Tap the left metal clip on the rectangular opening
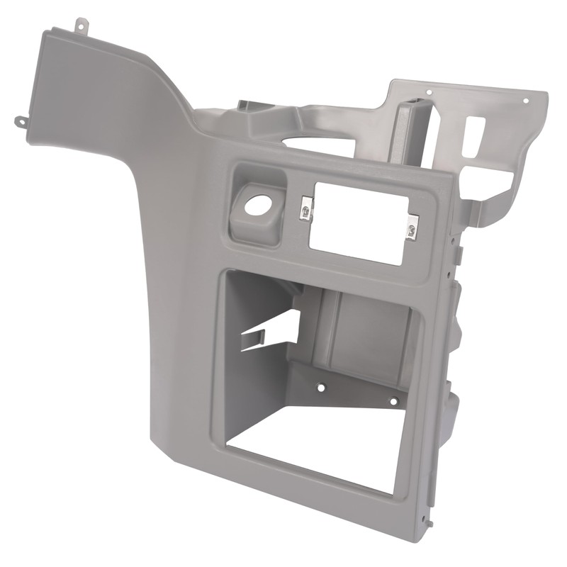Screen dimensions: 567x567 pos(305,208)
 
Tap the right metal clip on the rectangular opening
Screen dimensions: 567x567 pos(412,228)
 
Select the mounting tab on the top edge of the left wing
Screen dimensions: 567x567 pos(82,26)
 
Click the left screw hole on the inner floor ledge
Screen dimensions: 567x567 pos(321,388)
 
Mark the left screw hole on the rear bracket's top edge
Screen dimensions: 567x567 pos(429,91)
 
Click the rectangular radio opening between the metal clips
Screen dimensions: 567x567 pos(358,221)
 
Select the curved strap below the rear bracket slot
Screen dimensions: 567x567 pos(496,202)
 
